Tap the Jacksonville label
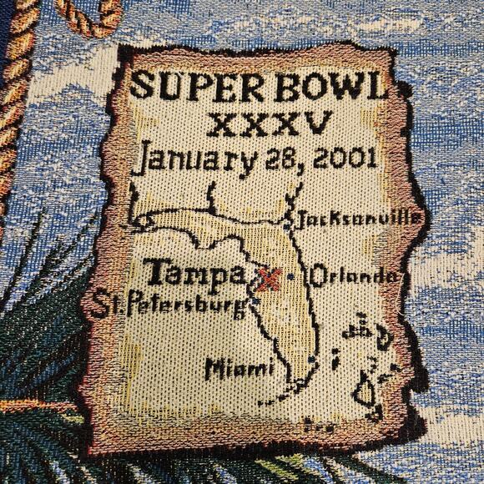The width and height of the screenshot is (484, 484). coord(358,219)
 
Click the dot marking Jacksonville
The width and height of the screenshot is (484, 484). coord(286,223)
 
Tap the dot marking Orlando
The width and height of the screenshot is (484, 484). coord(290,276)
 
